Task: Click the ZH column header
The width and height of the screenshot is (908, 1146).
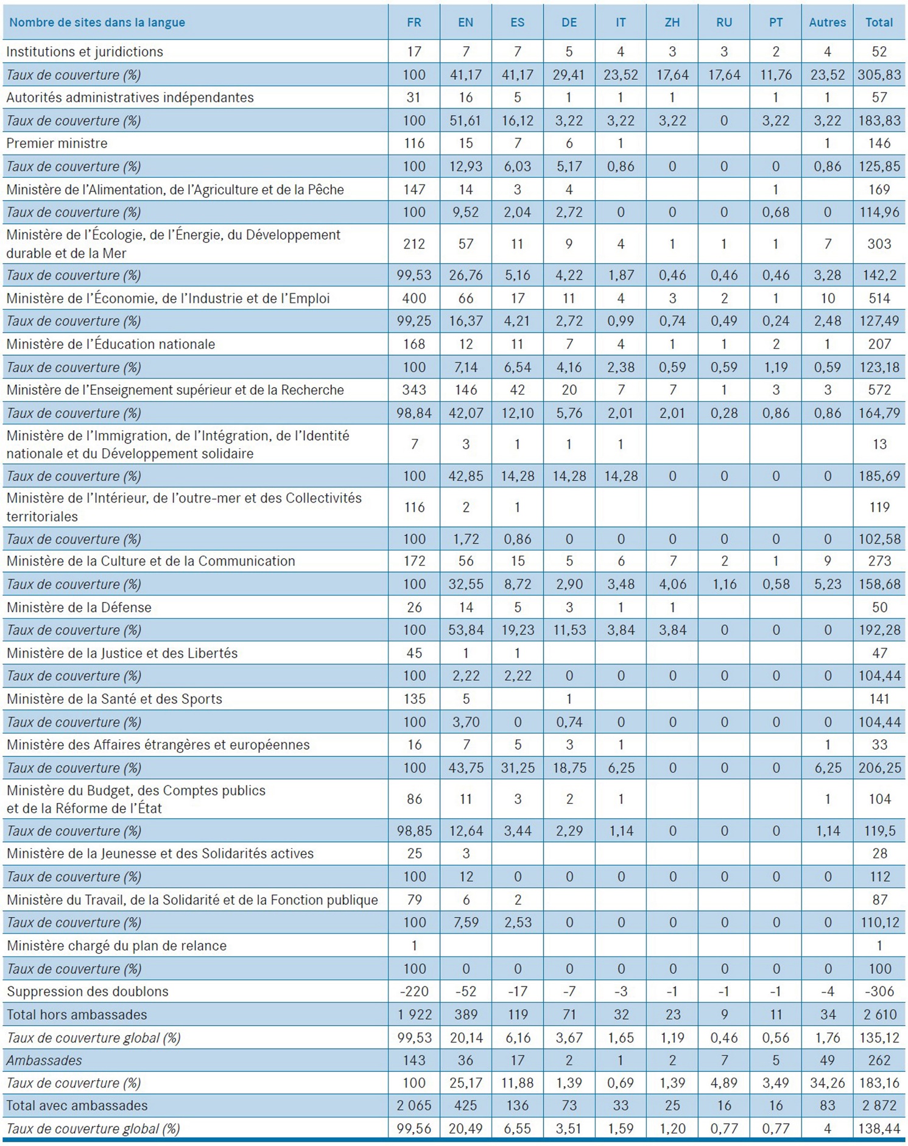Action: [672, 23]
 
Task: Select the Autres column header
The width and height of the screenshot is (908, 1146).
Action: [827, 23]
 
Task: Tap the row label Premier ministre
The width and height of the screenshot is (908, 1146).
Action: [57, 143]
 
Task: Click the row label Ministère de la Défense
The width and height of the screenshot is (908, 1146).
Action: [79, 607]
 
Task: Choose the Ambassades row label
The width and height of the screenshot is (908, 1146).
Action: [44, 1060]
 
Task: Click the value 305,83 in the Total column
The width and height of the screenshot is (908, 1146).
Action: [879, 75]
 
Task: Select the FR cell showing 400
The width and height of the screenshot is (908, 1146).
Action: [414, 298]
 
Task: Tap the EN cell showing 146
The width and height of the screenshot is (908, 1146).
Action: [465, 390]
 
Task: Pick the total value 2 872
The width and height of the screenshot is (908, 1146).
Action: [879, 1106]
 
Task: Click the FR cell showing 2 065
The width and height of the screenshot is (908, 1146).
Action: [414, 1106]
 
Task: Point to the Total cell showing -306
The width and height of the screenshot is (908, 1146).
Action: [879, 991]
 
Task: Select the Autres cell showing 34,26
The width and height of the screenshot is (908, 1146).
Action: [827, 1083]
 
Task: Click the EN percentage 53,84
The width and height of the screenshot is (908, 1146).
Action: [465, 630]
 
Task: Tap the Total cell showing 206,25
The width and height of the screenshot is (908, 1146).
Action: [879, 768]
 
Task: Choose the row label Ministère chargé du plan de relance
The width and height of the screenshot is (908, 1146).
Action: [116, 946]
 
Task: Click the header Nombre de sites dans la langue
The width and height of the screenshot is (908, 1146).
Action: [97, 23]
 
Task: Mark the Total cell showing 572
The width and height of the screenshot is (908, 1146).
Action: [879, 390]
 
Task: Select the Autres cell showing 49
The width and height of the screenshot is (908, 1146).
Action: [827, 1060]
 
